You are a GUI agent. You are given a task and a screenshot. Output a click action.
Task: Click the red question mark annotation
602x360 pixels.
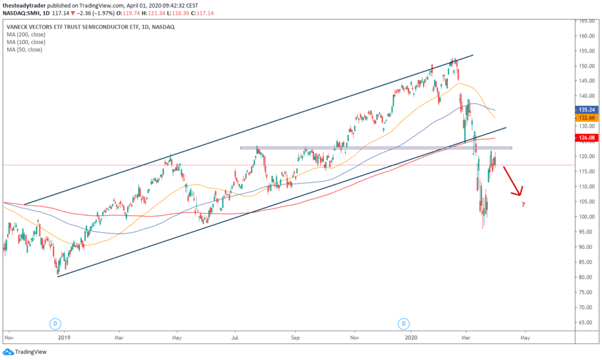pos(523,205)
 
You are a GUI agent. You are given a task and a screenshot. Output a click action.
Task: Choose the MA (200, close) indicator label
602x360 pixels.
pos(26,34)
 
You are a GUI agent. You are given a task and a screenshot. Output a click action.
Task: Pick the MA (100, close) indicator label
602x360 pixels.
pos(26,42)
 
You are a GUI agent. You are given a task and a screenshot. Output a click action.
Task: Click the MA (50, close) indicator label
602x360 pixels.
pos(24,49)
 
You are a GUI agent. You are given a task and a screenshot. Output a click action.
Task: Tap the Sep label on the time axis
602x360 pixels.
pos(296,339)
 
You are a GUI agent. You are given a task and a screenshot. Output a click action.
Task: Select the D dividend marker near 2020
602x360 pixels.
pos(403,324)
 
